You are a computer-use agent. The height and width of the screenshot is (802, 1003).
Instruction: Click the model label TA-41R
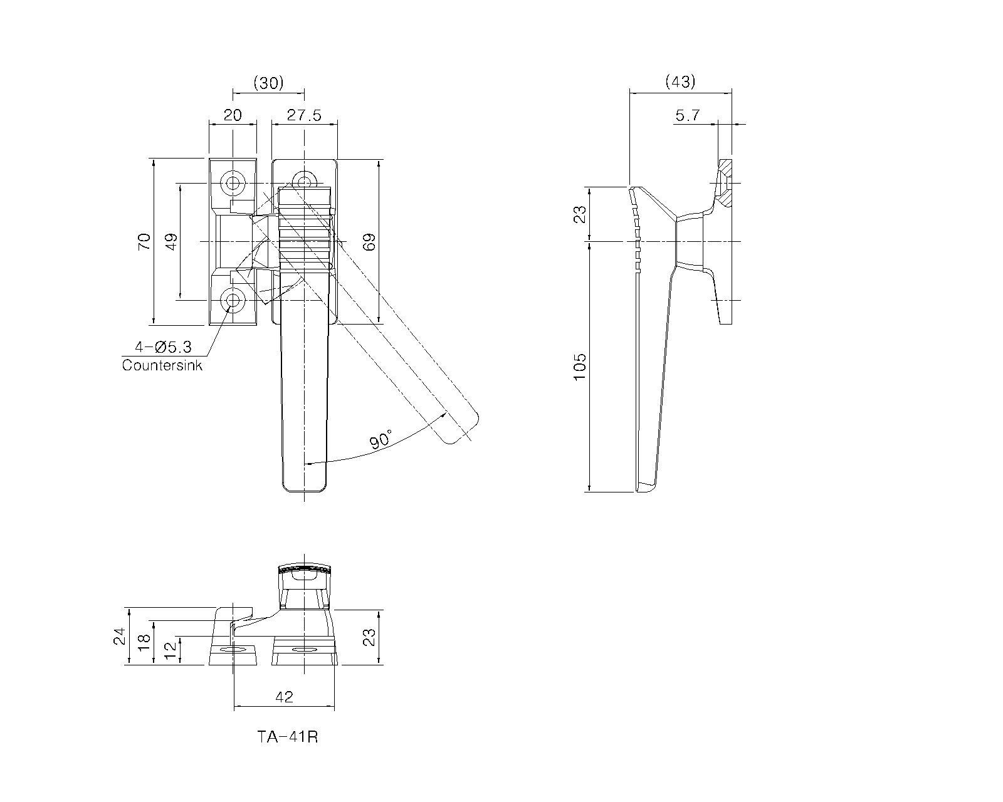click(288, 737)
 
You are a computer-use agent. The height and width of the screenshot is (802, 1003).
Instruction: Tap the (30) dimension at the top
click(268, 83)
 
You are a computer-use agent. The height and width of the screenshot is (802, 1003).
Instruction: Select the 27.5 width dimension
click(304, 115)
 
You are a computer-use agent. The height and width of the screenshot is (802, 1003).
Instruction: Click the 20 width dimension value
click(233, 115)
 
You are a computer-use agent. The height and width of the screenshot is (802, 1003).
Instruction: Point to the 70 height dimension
click(144, 241)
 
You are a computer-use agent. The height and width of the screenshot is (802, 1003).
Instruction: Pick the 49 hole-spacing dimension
click(172, 241)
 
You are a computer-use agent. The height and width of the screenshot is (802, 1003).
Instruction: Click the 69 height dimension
click(369, 241)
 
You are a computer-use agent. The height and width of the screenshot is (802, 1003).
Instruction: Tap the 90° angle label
click(381, 439)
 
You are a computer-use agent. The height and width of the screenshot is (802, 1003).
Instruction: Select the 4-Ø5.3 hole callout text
click(163, 346)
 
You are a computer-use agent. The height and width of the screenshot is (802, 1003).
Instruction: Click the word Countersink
click(162, 365)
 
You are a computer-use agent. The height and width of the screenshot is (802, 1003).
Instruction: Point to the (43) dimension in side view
click(681, 81)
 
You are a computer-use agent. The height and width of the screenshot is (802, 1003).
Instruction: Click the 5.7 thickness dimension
click(688, 115)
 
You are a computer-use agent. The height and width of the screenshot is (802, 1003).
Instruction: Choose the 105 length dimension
click(579, 367)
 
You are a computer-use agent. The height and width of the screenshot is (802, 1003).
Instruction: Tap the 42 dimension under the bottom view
click(285, 697)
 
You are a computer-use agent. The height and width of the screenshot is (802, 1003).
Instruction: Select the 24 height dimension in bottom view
click(120, 636)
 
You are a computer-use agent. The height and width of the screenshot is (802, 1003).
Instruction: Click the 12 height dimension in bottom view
click(171, 650)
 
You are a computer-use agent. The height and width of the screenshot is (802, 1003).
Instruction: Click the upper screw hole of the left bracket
click(233, 183)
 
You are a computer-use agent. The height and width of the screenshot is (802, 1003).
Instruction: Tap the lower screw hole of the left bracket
click(233, 301)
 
